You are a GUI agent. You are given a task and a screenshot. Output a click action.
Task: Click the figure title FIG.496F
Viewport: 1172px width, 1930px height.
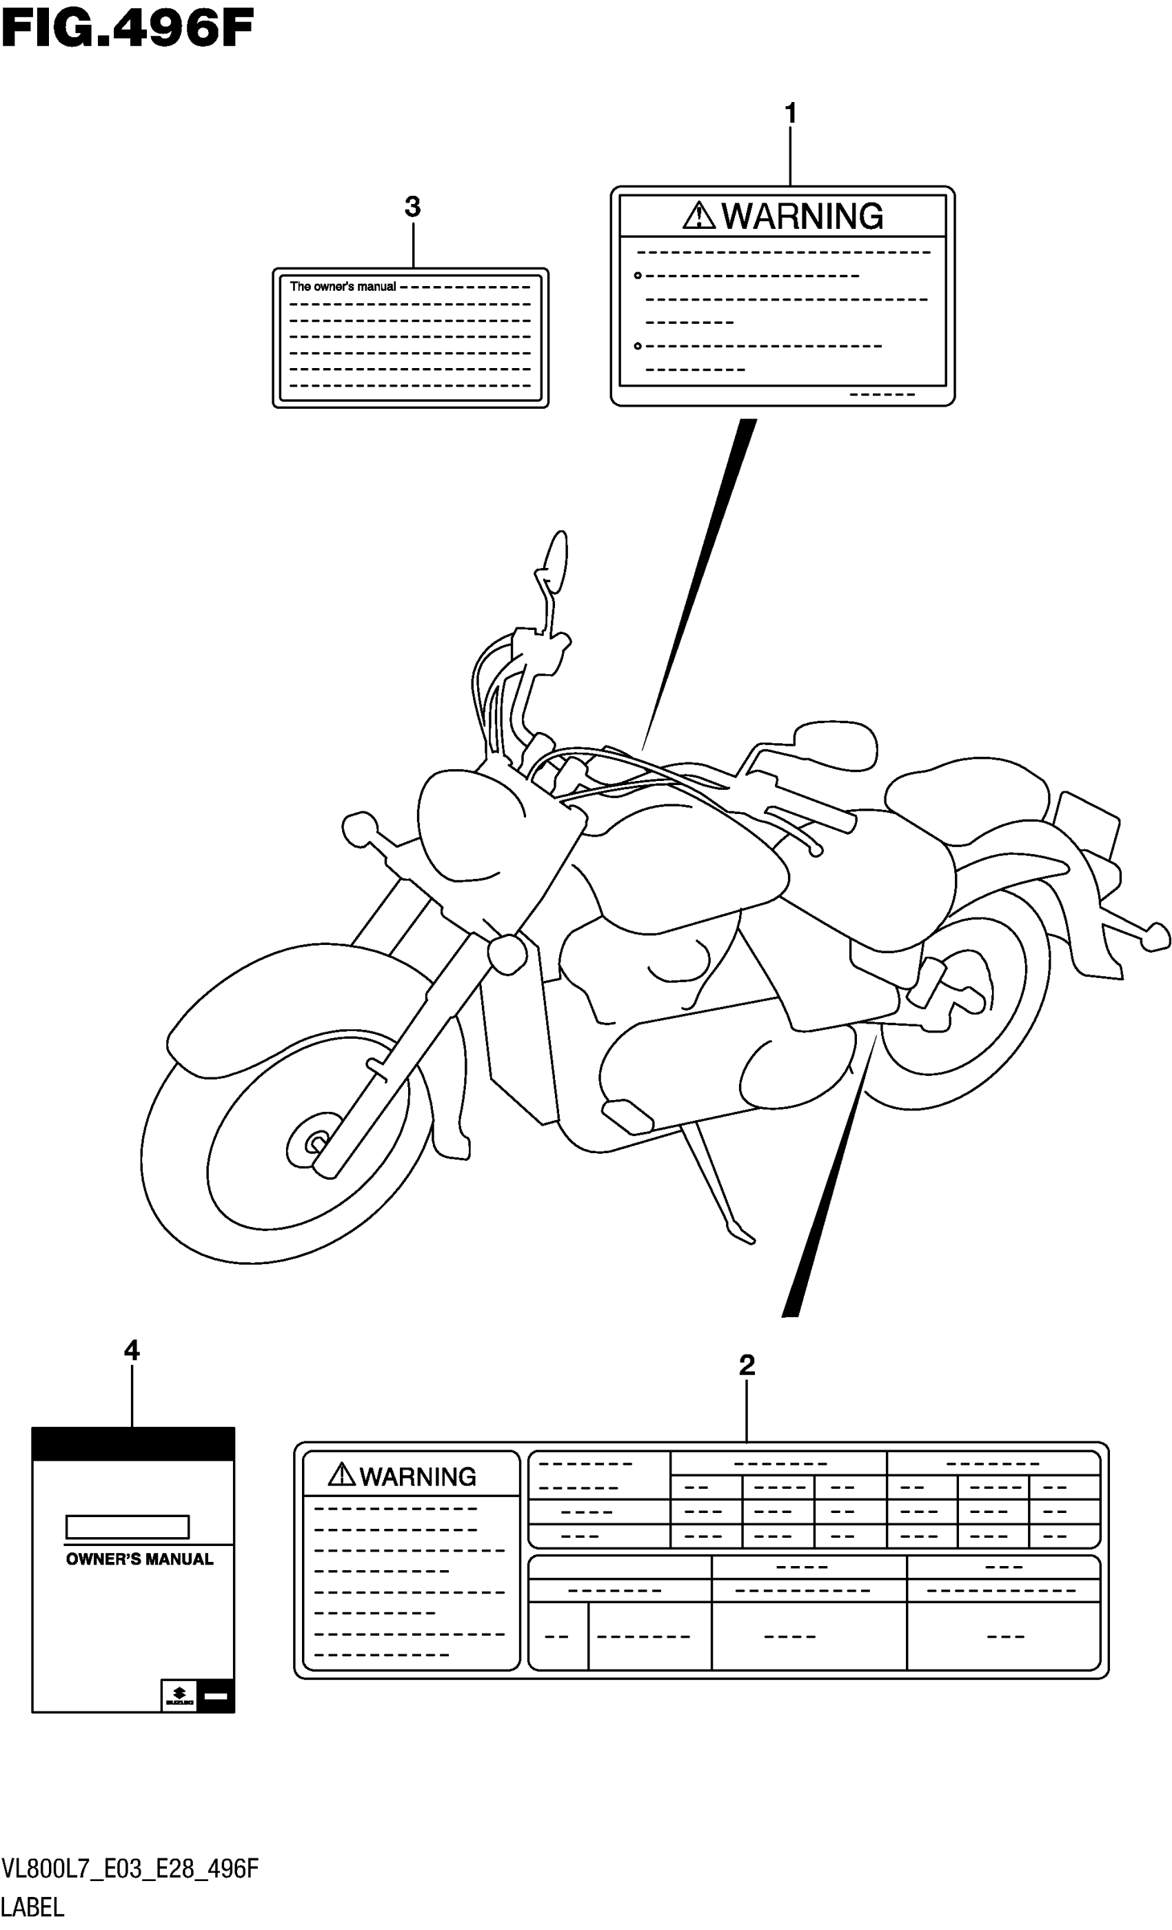point(128,30)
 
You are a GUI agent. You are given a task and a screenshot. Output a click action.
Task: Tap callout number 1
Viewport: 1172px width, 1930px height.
point(791,114)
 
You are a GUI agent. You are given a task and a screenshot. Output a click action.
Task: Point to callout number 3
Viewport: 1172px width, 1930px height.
point(412,207)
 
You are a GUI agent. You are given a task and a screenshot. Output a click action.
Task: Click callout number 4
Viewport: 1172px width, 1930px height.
point(132,1350)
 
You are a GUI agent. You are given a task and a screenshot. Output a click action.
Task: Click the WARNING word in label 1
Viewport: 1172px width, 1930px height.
point(802,216)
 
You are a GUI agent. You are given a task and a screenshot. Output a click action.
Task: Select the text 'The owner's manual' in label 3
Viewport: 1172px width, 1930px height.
point(343,287)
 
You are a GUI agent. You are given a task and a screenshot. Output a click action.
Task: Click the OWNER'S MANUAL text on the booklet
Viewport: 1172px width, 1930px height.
point(139,1559)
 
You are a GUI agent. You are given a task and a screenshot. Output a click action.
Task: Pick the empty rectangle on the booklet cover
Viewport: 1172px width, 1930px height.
point(127,1527)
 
